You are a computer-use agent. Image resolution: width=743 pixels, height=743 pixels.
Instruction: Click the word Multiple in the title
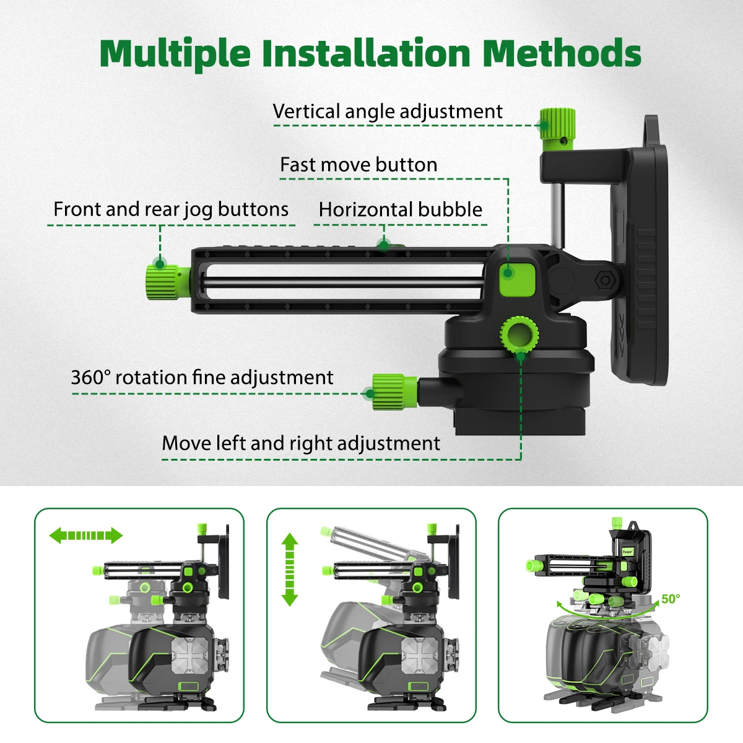coord(175,54)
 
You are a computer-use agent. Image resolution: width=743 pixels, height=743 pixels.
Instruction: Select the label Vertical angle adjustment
coord(388,111)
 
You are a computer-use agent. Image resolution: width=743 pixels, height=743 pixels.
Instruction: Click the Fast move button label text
coord(358,165)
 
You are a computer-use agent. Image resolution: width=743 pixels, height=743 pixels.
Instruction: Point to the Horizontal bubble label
coord(400,210)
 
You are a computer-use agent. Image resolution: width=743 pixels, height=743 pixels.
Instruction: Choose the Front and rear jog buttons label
coord(171,209)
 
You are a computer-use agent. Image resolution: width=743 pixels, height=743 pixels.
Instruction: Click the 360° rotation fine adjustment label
coord(202,378)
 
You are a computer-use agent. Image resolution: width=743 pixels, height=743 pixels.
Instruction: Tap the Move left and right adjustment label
coord(301,443)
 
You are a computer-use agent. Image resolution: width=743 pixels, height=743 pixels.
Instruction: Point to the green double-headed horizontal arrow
coord(86,536)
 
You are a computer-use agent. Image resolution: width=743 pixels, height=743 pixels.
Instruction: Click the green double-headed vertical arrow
coord(290,569)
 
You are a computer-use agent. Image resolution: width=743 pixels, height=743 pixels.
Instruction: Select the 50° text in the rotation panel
coord(671,599)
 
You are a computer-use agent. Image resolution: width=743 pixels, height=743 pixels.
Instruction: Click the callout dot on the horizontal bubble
coord(383,245)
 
